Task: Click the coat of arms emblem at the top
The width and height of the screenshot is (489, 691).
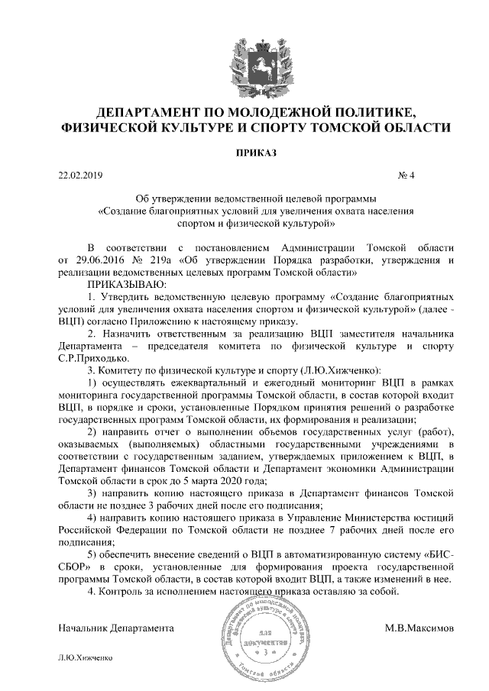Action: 244,59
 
